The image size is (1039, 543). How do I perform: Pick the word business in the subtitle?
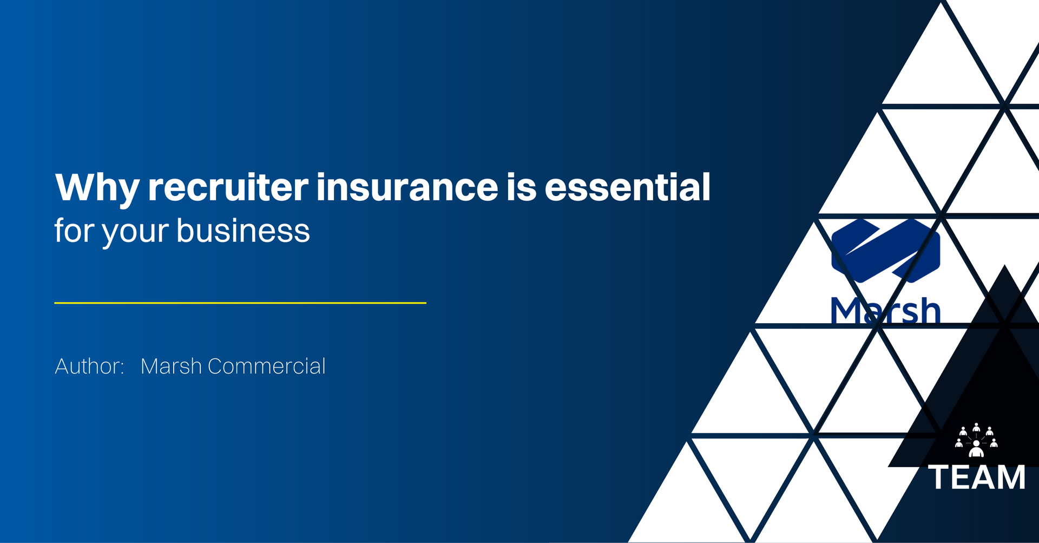click(x=243, y=231)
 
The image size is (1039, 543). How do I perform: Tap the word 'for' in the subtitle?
click(x=74, y=231)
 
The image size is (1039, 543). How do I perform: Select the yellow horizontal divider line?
click(x=240, y=303)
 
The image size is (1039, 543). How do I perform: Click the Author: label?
click(x=90, y=367)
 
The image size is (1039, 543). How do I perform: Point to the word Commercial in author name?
click(x=267, y=367)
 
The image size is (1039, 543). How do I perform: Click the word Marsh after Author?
click(x=171, y=367)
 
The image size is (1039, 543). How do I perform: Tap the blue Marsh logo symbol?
click(x=885, y=250)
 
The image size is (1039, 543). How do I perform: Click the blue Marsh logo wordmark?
click(x=885, y=311)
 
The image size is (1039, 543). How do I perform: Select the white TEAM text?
click(x=977, y=477)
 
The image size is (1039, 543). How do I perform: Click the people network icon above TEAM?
click(x=976, y=440)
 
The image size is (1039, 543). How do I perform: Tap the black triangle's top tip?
click(x=1005, y=265)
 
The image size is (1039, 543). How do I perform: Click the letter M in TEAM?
click(x=1011, y=477)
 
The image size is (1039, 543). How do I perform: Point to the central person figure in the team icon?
click(x=976, y=449)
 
